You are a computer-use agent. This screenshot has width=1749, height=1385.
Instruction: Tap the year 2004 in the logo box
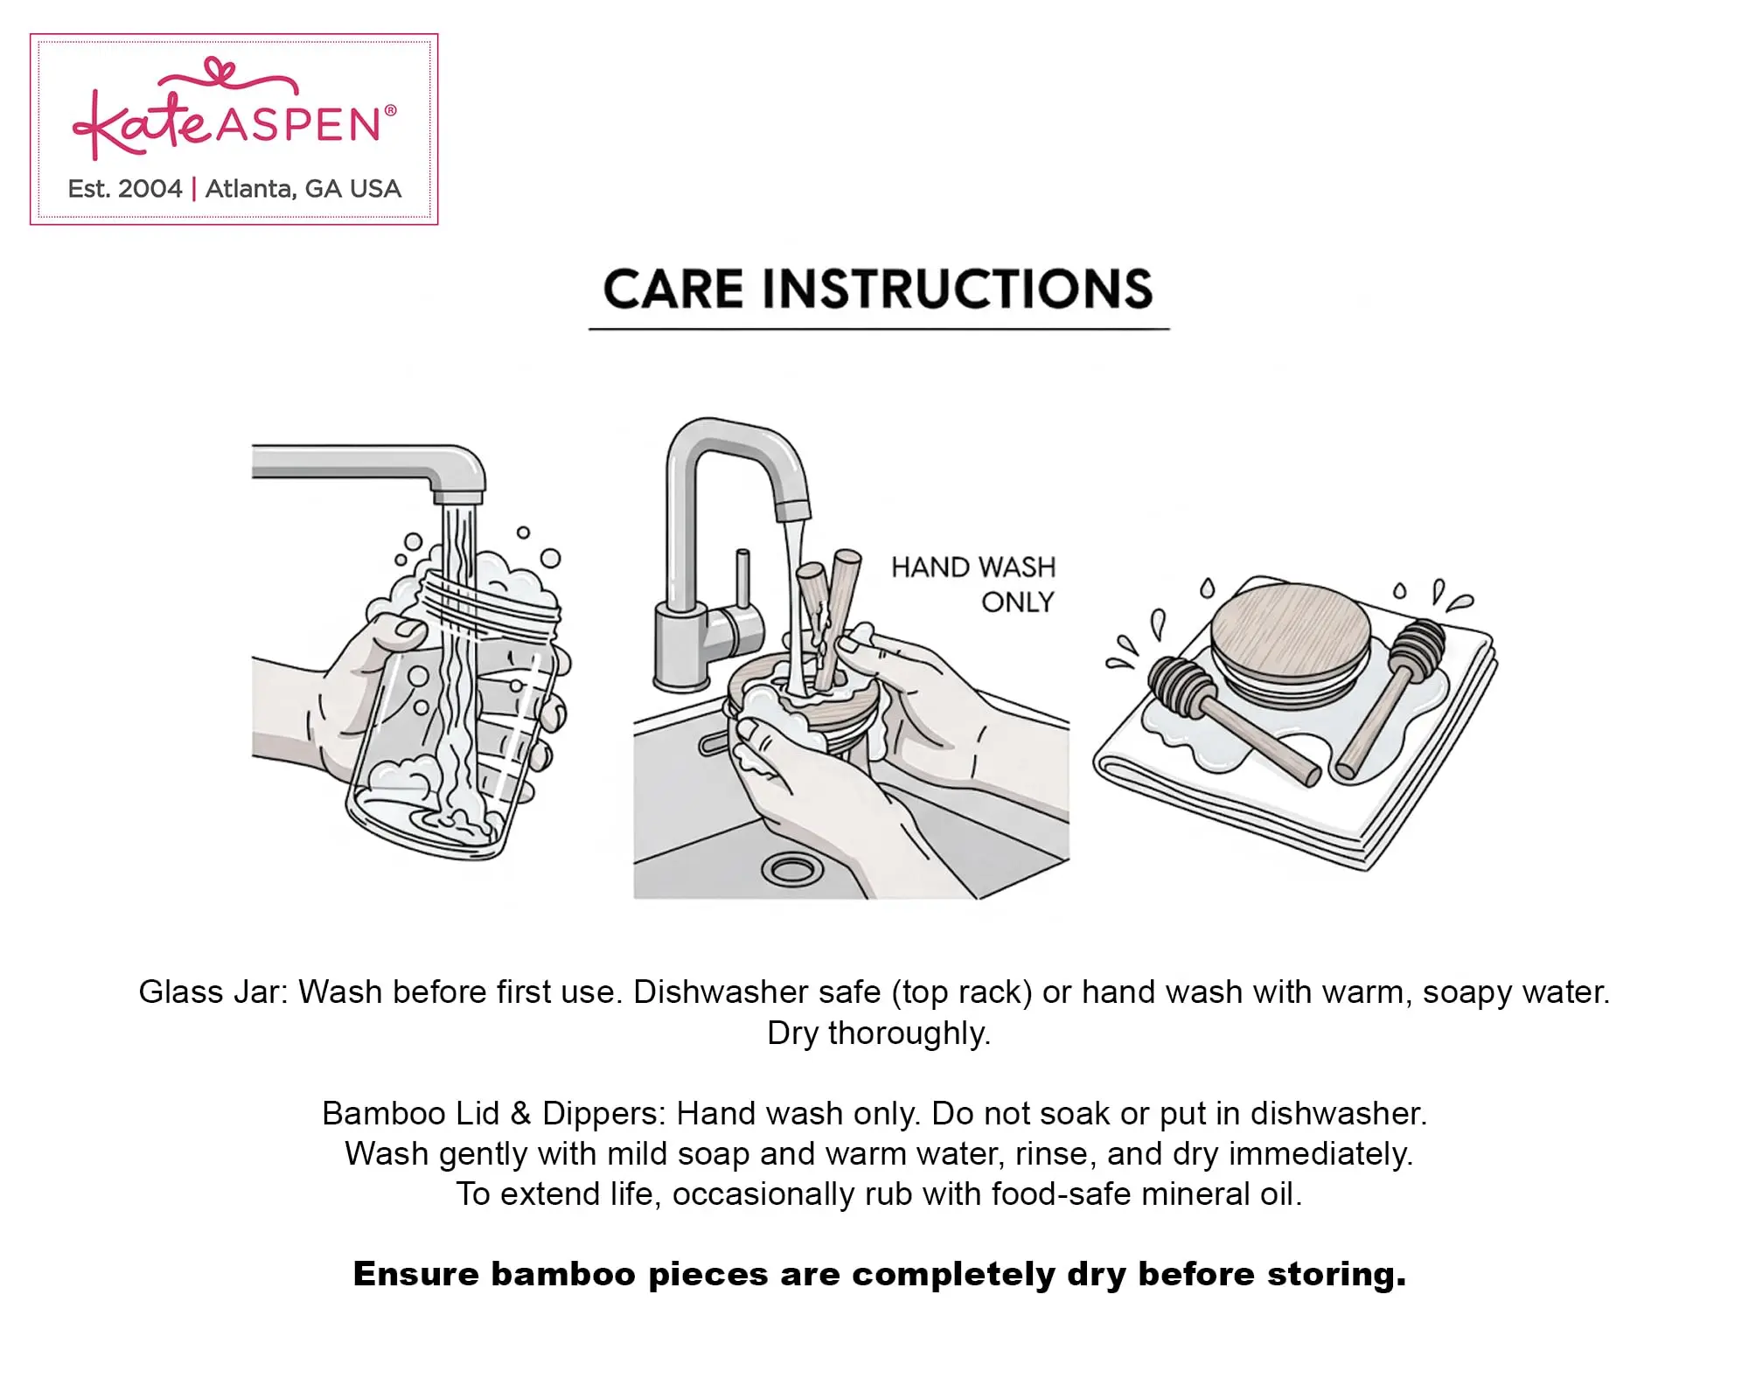click(150, 189)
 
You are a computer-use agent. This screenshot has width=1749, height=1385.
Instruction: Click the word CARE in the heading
click(673, 289)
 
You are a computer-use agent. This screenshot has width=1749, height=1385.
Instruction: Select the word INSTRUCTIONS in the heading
click(958, 289)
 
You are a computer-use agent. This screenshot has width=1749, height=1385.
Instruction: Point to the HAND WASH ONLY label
click(973, 584)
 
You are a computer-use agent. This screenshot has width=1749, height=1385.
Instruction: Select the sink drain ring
click(791, 869)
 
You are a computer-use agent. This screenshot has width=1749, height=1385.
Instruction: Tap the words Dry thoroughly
click(879, 1034)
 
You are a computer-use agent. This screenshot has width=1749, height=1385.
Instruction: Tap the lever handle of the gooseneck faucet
click(742, 577)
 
